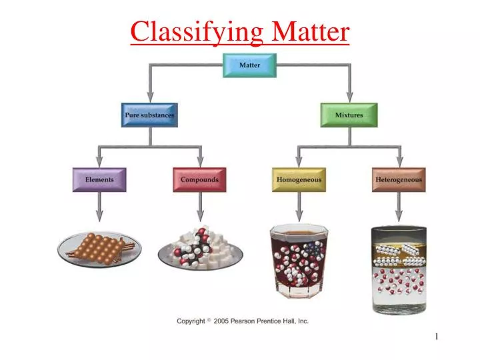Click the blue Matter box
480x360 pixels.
(249, 65)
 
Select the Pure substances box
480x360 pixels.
(149, 115)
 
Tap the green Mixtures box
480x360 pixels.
(349, 115)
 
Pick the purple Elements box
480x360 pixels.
(99, 179)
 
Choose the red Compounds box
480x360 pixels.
(199, 179)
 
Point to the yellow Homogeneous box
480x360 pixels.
(299, 179)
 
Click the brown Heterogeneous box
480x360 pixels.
(399, 179)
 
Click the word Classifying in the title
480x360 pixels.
(197, 31)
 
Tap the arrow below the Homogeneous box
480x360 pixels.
(299, 207)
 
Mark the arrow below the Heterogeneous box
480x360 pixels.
(399, 207)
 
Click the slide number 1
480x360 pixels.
(437, 337)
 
